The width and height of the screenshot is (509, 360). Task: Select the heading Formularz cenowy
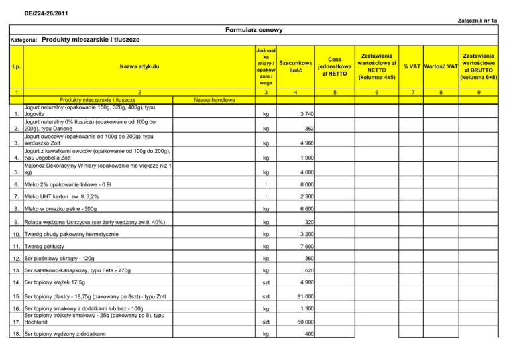254,30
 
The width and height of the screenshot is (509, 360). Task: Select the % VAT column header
408,66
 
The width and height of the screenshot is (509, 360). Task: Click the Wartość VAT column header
442,66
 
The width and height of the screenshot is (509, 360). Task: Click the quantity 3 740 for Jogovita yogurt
302,114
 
